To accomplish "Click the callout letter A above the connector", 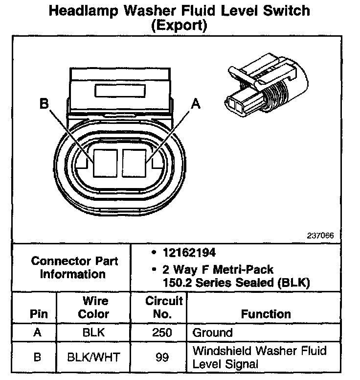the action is [x=196, y=103].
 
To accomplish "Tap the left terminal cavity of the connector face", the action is [x=105, y=163].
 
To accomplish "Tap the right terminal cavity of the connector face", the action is [x=135, y=163].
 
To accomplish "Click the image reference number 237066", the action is [x=320, y=235].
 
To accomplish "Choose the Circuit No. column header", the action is [x=164, y=307].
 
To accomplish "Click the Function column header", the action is [x=266, y=314].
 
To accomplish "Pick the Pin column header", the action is [x=39, y=314].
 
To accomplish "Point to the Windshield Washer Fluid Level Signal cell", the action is [x=259, y=357].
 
